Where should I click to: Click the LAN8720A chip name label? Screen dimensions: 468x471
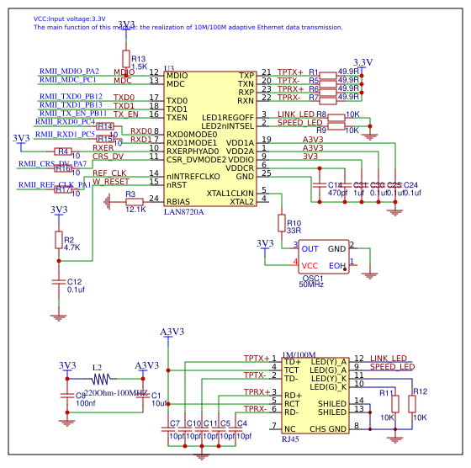click(184, 211)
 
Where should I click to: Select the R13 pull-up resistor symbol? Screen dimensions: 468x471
click(126, 59)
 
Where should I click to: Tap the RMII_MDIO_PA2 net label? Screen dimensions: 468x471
click(69, 72)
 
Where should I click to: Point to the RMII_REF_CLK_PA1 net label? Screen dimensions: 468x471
click(56, 184)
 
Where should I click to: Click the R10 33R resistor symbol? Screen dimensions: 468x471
click(282, 222)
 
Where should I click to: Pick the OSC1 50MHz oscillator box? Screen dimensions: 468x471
click(324, 256)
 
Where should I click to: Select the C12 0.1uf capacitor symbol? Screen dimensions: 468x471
click(58, 281)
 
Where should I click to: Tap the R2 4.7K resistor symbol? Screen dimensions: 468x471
click(58, 242)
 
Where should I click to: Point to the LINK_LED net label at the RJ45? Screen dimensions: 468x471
click(388, 359)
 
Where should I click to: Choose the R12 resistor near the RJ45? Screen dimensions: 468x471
click(411, 404)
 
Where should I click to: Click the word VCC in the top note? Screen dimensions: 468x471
click(40, 18)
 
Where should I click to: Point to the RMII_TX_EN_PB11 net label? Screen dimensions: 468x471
click(73, 113)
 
